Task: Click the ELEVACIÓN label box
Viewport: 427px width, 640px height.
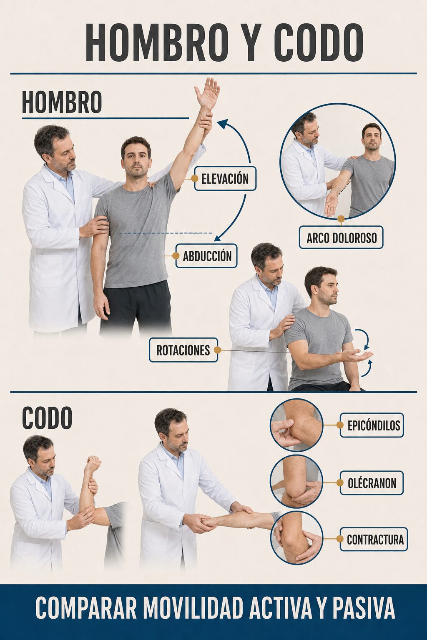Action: pyautogui.click(x=225, y=179)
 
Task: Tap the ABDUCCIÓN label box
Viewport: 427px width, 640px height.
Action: pyautogui.click(x=206, y=256)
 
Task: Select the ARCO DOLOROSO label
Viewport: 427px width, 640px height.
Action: pyautogui.click(x=341, y=237)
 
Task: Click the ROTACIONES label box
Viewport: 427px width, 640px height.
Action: pyautogui.click(x=183, y=350)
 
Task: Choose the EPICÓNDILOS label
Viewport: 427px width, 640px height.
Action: pyautogui.click(x=372, y=425)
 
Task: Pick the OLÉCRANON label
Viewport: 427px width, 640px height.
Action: pyautogui.click(x=372, y=483)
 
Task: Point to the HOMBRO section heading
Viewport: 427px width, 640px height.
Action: pyautogui.click(x=62, y=102)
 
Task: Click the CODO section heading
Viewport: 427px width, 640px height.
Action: pyautogui.click(x=47, y=418)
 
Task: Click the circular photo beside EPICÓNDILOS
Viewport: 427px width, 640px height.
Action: pyautogui.click(x=296, y=425)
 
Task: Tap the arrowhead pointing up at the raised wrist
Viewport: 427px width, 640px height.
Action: pyautogui.click(x=222, y=123)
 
